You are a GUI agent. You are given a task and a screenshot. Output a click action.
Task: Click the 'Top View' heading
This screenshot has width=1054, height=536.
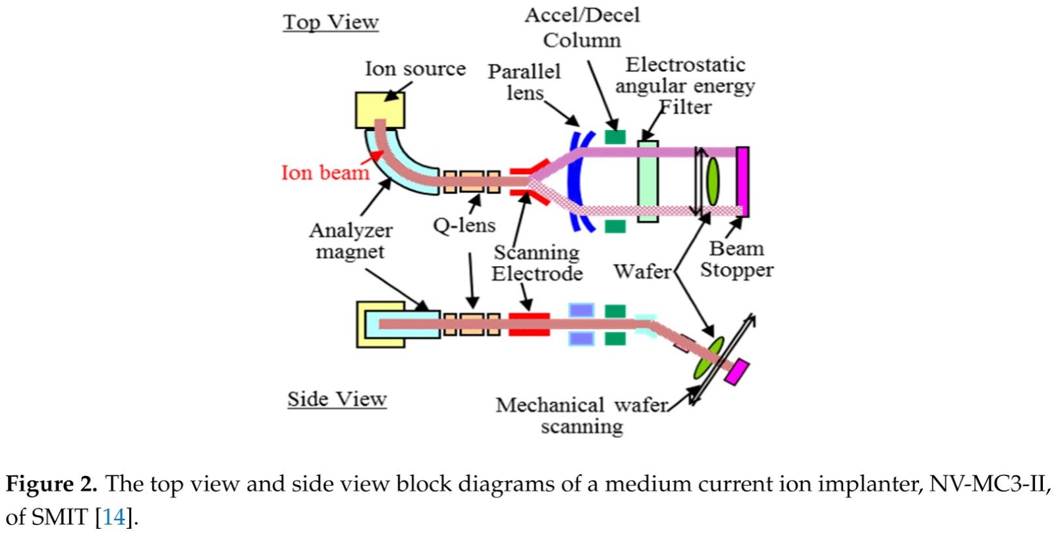tap(331, 22)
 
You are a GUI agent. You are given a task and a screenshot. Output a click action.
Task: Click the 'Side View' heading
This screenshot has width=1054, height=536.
tap(337, 399)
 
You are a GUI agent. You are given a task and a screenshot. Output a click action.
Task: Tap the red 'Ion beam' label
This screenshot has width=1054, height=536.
tap(325, 173)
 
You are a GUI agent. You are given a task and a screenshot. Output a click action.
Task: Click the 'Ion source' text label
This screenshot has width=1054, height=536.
tap(415, 68)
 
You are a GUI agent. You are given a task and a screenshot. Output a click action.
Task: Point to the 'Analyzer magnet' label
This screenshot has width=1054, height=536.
tap(350, 241)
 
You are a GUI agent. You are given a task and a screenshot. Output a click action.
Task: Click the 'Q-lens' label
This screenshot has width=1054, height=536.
tap(464, 226)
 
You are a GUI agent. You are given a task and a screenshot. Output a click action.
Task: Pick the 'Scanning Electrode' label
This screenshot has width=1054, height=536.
tap(537, 263)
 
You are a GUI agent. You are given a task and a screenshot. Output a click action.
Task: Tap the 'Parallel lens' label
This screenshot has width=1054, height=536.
tap(524, 82)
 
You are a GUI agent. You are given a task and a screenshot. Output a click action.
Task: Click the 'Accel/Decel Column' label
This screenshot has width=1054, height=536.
tap(582, 28)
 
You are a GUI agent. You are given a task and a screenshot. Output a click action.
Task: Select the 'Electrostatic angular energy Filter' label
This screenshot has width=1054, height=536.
tap(685, 86)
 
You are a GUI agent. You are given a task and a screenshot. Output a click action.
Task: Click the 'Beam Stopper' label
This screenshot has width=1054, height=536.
tap(736, 259)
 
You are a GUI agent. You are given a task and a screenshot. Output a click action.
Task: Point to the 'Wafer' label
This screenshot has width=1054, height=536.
tap(642, 271)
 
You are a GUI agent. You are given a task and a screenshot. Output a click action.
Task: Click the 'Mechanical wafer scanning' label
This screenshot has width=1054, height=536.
tap(582, 415)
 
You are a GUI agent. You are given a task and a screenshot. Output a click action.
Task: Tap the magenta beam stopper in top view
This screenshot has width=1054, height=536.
tap(742, 181)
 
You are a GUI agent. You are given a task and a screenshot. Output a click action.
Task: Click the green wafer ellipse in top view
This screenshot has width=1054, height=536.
tap(713, 181)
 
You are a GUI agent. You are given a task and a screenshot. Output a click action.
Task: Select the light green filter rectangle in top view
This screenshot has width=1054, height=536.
tap(648, 181)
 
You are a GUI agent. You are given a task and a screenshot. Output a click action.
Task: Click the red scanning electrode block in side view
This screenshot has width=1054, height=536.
tap(529, 324)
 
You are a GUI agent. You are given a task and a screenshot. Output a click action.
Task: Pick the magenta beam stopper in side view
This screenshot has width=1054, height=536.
tap(736, 371)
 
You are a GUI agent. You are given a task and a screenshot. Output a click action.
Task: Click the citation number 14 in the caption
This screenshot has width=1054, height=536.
tap(114, 517)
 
